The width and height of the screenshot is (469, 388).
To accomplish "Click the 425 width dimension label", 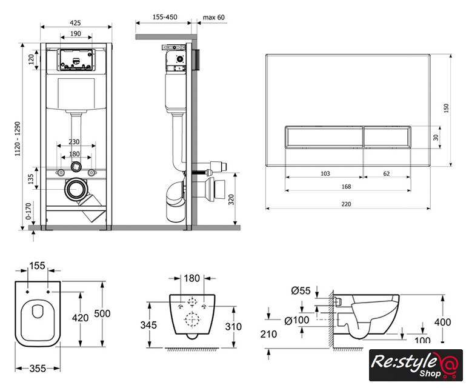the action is pos(75,23).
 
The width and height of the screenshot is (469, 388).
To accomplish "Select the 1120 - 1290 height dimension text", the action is pos(18,139).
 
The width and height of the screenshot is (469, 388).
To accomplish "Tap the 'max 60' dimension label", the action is pos(213,18).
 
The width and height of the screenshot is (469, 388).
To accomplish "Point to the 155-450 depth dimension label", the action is pos(165,17).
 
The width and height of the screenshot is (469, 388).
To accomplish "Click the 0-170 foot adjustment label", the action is pos(28,211).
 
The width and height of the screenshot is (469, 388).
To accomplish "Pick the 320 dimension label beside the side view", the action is pos(231,199).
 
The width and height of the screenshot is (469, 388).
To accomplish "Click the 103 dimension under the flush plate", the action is pos(325,173).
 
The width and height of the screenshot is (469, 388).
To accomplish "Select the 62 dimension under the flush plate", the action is pos(387,173).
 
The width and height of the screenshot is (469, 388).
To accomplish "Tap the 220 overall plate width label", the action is pos(346,204).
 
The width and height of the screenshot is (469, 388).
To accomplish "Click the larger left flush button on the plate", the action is pos(324,137).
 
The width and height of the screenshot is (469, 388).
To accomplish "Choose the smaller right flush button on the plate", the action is pos(387,137).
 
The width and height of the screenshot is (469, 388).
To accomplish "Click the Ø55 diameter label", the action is pos(301,290).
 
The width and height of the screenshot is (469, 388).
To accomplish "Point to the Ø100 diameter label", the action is pos(296,320).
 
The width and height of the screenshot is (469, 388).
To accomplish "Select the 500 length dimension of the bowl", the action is pos(102,313).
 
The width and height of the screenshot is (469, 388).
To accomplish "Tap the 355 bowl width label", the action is pos(38,369).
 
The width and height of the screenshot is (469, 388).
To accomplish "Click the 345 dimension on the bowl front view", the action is pos(148,325).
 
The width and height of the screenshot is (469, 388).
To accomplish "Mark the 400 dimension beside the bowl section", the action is pos(442,322).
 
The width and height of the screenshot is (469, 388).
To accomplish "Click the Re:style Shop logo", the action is pos(416,365).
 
